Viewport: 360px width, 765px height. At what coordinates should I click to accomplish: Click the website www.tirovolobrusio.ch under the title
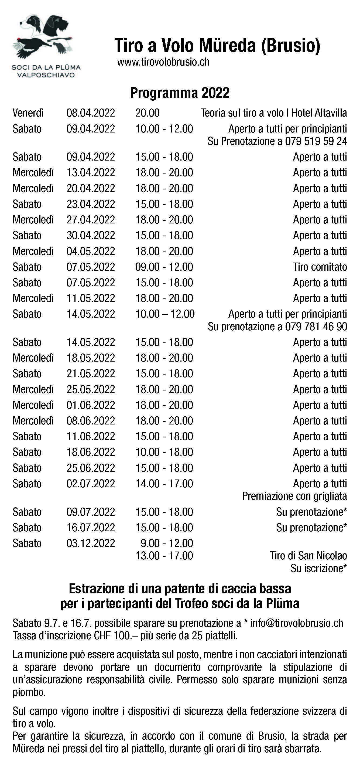coord(163,62)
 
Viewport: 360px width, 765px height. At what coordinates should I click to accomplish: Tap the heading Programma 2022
coord(180,93)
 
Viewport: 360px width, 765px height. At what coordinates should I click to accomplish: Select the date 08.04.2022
coord(91,113)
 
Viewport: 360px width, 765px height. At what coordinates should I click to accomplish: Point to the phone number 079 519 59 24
coord(316,141)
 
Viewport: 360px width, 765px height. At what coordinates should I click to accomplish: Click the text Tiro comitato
coord(320,267)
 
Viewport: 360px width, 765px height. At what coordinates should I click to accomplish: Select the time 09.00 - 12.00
coord(164,267)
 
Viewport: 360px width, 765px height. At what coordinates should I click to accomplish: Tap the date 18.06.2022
coord(91,452)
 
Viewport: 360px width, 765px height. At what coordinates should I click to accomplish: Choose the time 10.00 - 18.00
coord(164,452)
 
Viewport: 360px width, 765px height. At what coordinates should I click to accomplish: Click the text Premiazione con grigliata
coord(294,496)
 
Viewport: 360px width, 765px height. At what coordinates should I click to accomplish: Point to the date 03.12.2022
coord(91,543)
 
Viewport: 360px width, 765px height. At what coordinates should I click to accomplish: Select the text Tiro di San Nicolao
coord(308,556)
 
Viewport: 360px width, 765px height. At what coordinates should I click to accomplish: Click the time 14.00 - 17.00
coord(164,484)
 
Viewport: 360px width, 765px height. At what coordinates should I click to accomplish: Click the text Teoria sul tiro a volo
coord(242,113)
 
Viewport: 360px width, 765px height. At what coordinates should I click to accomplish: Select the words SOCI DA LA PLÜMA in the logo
coord(46,67)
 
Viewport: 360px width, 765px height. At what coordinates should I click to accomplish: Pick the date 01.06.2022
coord(91,405)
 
